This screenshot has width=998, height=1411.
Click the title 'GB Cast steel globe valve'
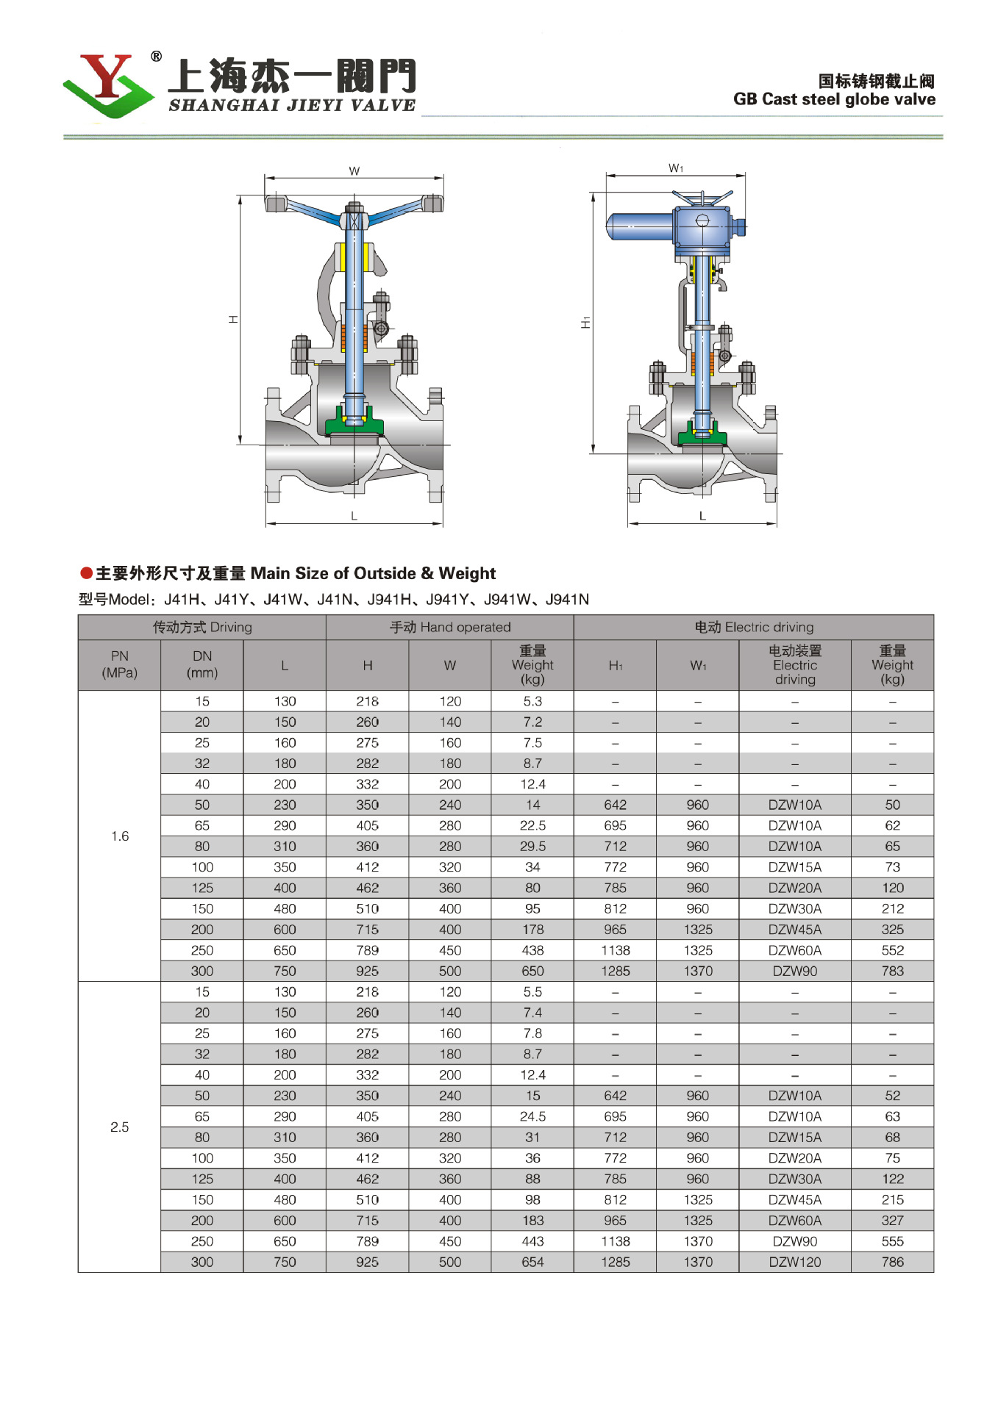coord(834,99)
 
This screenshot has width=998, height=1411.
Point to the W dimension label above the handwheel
coord(354,171)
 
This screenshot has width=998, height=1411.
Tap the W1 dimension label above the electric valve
coord(676,168)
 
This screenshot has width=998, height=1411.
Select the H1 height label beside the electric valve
coord(585,323)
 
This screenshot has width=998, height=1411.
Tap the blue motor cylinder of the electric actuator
coord(638,226)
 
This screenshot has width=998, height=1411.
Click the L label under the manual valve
coord(354,516)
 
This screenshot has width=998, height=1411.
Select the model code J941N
coord(567,600)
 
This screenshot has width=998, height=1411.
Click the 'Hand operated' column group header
coord(449,627)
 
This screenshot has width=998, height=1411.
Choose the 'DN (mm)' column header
coord(202,664)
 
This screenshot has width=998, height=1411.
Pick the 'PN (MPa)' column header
coord(119,664)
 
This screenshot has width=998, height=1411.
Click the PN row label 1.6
coord(119,836)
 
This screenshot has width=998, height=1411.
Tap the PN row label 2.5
coord(119,1127)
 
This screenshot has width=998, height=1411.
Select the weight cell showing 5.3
coord(532,701)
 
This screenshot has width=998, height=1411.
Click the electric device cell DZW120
coord(795,1262)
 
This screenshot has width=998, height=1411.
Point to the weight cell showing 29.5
coord(532,846)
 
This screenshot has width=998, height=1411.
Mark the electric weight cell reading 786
coord(892,1262)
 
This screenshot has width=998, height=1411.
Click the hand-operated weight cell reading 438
coord(532,950)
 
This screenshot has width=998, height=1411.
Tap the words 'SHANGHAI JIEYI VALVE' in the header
coord(292,105)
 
